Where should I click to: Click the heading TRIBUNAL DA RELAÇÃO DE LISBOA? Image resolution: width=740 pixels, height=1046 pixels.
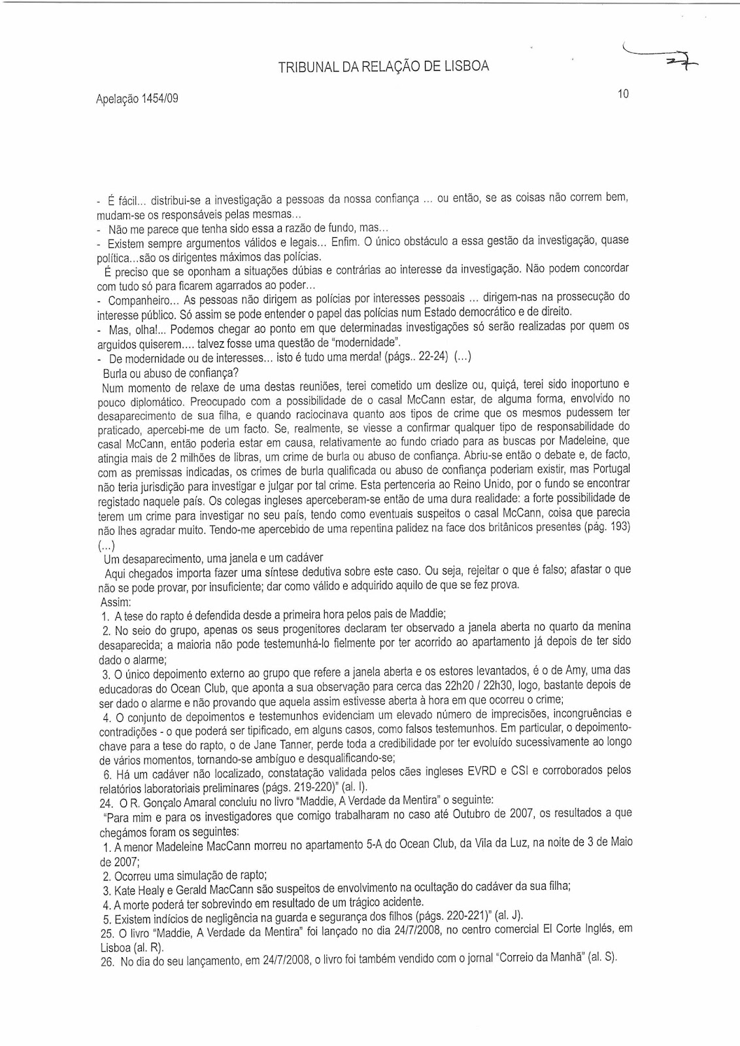pos(384,67)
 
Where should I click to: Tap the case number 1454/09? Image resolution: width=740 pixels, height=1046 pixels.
pos(158,99)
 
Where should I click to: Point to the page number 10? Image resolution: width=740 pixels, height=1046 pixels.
pos(622,94)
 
